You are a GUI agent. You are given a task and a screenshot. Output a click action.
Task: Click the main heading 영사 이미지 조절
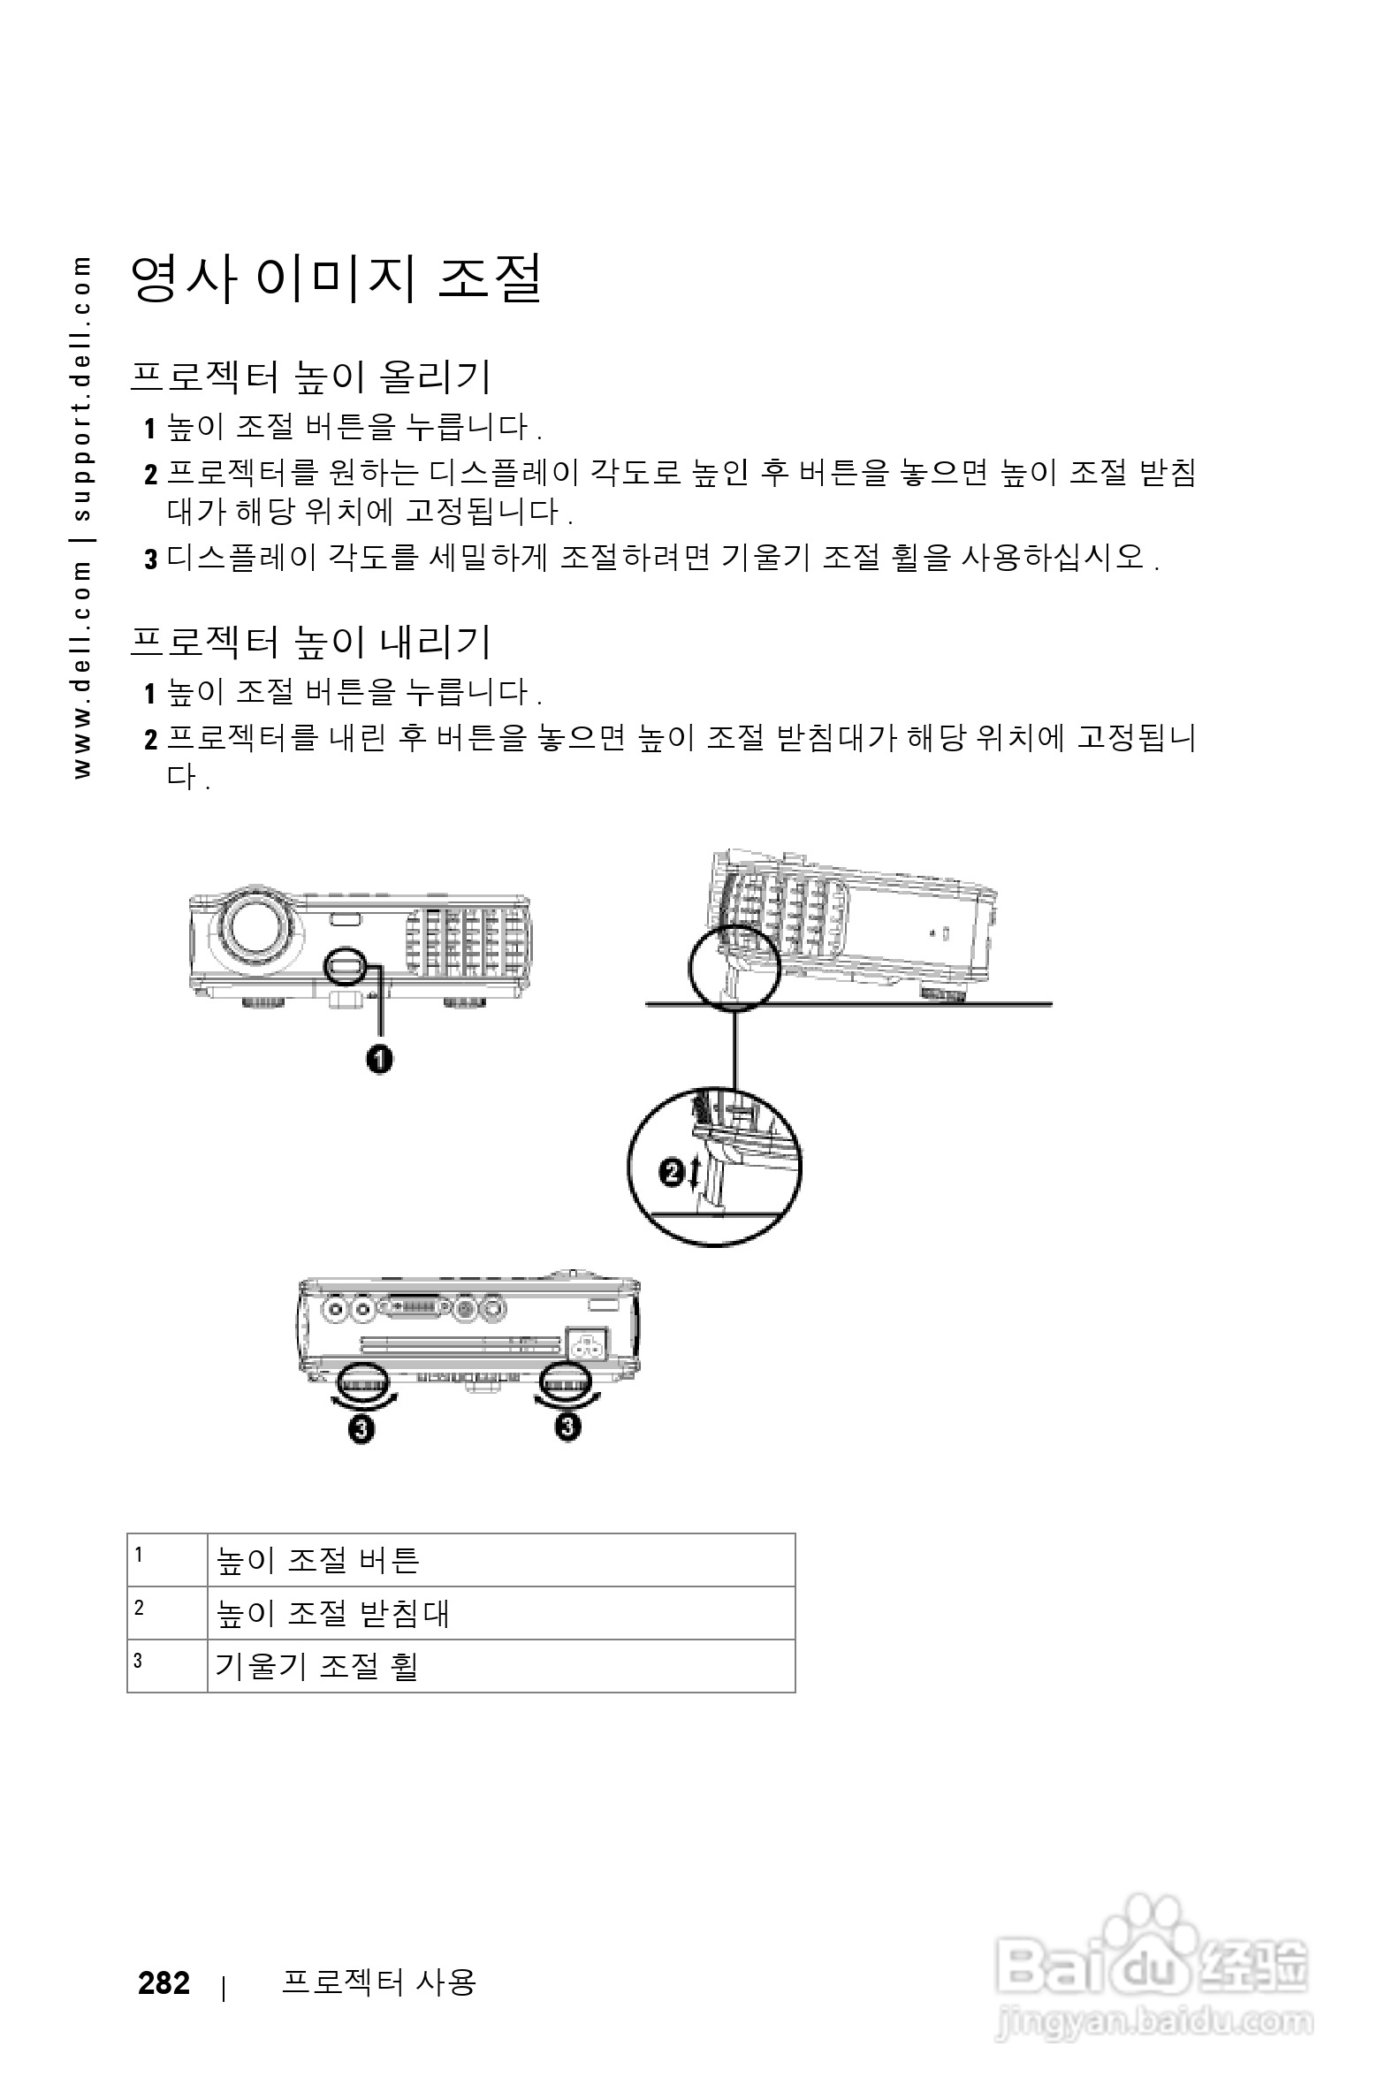click(336, 278)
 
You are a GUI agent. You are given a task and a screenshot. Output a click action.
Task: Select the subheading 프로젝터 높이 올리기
click(310, 376)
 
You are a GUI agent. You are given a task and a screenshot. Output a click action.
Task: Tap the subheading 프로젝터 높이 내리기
click(310, 641)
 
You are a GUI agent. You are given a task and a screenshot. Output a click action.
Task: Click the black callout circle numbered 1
click(379, 1060)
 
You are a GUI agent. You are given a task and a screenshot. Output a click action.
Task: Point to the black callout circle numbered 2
click(672, 1171)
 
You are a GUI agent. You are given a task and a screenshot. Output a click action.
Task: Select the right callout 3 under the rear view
click(567, 1427)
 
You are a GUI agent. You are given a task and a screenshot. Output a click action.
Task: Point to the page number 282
click(164, 1983)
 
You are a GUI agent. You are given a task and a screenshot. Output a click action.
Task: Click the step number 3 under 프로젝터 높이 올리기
click(151, 559)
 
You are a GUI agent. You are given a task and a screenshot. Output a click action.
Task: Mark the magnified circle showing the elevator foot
click(714, 1167)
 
